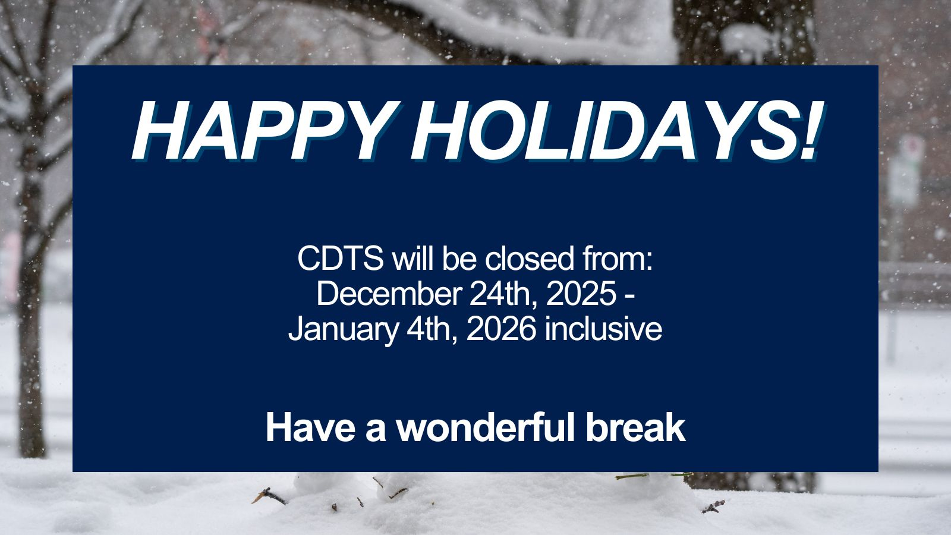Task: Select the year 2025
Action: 581,294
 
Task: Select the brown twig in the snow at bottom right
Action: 714,506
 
